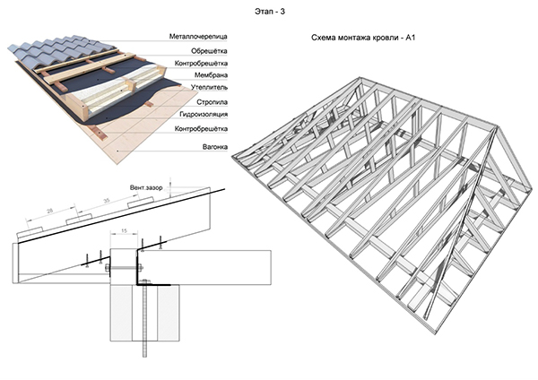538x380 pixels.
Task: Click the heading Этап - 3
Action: click(x=270, y=12)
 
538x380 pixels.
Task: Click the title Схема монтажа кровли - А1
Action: click(x=363, y=38)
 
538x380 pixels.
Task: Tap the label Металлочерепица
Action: click(x=198, y=37)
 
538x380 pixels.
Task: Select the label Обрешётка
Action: click(x=209, y=51)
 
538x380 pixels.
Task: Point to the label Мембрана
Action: click(x=211, y=75)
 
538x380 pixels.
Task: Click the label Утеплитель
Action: click(x=209, y=88)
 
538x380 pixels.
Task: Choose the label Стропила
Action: click(x=212, y=102)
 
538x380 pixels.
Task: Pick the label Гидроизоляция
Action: click(x=204, y=114)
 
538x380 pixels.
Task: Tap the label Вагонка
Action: click(x=215, y=147)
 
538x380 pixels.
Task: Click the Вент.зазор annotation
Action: click(x=146, y=188)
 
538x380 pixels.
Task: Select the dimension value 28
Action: click(x=49, y=212)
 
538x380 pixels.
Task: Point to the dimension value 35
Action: click(x=107, y=200)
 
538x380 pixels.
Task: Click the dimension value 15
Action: click(x=125, y=231)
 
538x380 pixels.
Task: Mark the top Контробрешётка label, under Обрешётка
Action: click(x=201, y=64)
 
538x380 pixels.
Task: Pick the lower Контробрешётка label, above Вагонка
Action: click(x=201, y=129)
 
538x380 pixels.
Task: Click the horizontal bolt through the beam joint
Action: click(x=124, y=267)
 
